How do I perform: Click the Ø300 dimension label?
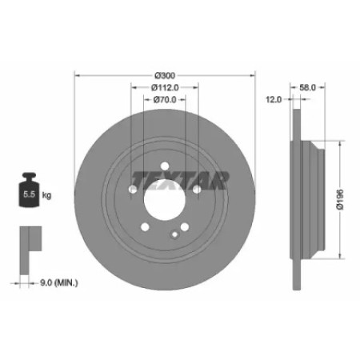point(165,76)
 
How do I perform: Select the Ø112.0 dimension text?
point(165,87)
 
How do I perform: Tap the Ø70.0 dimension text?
point(165,100)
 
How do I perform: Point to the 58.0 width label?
point(307,87)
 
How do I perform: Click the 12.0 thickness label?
point(274,100)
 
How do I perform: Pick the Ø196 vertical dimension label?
point(340,200)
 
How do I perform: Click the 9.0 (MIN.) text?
point(59,283)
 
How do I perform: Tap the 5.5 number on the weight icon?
point(29,194)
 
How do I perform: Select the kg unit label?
point(46,195)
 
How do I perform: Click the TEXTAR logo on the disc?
point(181,181)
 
